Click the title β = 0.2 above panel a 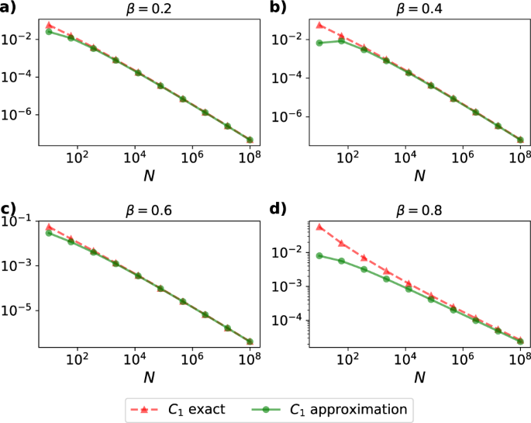(148, 10)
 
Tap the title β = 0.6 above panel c (148, 211)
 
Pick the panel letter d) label (278, 210)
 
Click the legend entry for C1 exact (177, 407)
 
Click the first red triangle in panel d (319, 227)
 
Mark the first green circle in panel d (319, 255)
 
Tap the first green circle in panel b (319, 43)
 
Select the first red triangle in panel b (319, 25)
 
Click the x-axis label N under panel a (148, 175)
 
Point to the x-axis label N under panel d (419, 377)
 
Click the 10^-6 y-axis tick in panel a (20, 115)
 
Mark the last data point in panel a (250, 140)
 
